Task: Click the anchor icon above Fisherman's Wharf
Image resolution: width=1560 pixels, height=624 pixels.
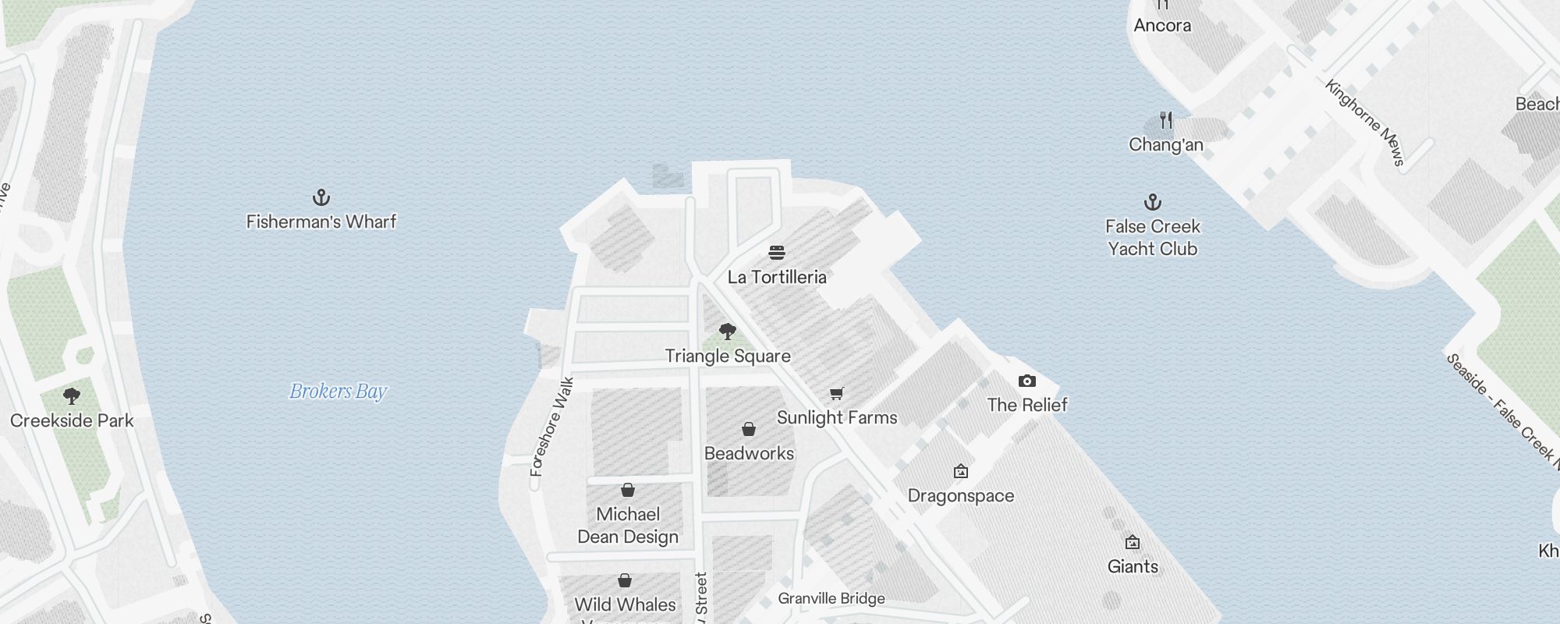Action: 321,197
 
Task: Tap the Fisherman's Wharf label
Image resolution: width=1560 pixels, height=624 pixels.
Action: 321,222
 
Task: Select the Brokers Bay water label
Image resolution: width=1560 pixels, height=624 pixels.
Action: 339,391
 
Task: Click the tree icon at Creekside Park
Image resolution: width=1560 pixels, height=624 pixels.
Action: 72,396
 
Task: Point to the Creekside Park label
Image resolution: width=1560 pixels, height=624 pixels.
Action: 72,420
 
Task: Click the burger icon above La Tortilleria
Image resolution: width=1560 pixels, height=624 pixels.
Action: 777,253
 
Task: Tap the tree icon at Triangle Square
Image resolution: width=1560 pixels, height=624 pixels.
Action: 728,331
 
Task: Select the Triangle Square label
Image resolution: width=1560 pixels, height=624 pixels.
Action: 728,356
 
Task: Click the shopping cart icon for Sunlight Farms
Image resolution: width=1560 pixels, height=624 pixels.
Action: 837,393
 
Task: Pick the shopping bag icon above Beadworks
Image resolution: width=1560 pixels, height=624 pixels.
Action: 749,429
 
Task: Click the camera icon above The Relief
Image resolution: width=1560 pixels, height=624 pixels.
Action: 1027,381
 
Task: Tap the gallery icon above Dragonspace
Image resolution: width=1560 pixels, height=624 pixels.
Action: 961,471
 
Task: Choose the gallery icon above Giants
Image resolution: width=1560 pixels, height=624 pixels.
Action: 1133,542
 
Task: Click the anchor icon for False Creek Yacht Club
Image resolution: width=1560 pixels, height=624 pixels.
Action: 1153,203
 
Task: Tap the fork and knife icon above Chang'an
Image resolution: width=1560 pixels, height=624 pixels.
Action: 1166,120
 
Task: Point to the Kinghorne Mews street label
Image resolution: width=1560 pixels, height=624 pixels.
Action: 1365,122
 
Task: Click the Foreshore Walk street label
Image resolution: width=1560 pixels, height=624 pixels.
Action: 551,427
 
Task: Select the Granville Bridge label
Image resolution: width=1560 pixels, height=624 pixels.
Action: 831,598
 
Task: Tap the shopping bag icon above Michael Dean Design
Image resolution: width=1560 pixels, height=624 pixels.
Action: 628,490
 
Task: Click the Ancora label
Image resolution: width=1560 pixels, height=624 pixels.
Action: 1162,25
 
